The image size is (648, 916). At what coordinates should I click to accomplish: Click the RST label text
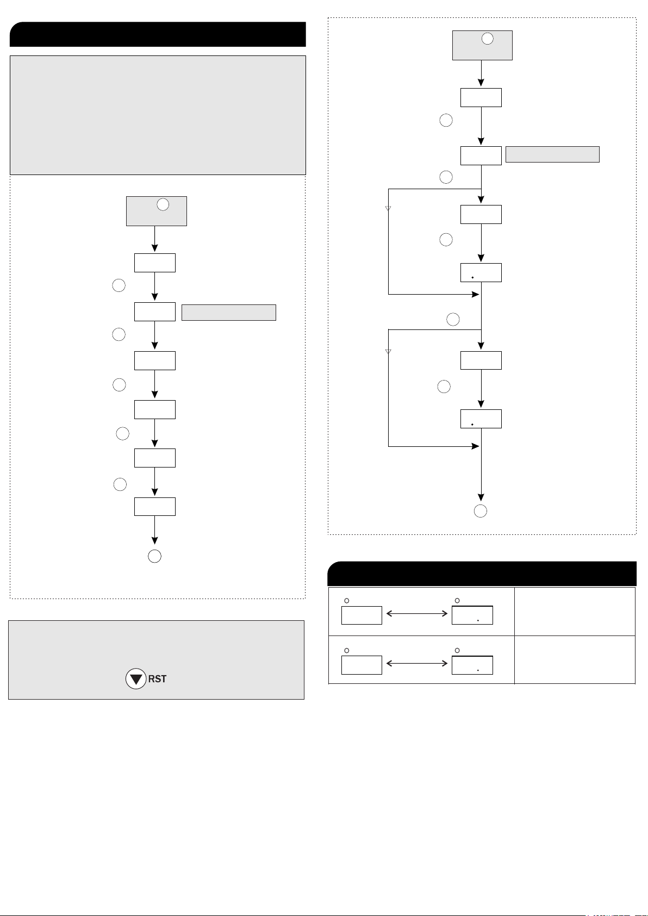(x=157, y=679)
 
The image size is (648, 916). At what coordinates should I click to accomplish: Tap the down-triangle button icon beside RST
(x=136, y=679)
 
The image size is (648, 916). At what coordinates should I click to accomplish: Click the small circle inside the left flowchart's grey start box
(x=163, y=204)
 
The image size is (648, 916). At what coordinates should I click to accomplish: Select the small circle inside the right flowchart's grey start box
(x=487, y=39)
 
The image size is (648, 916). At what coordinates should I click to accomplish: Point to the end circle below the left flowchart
(x=154, y=556)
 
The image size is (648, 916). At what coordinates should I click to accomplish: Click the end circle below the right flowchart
(x=481, y=511)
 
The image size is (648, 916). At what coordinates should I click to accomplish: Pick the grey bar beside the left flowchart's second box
(x=228, y=313)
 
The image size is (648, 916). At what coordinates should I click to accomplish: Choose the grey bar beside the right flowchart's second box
(x=552, y=154)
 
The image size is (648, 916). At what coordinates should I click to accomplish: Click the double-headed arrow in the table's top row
(x=417, y=613)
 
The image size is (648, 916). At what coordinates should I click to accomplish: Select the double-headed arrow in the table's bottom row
(x=417, y=663)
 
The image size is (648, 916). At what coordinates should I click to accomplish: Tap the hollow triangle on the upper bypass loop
(x=388, y=208)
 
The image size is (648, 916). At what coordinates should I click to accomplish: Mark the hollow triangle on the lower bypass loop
(x=388, y=351)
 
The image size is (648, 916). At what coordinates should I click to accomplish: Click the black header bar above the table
(x=482, y=574)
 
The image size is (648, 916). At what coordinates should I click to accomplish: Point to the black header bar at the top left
(x=158, y=34)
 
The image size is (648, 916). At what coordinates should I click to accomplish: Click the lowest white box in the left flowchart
(x=155, y=507)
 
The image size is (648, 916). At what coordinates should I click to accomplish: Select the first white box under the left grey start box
(x=155, y=263)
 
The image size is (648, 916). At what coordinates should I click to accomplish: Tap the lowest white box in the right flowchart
(x=481, y=419)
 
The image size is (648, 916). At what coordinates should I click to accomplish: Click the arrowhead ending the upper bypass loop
(x=476, y=294)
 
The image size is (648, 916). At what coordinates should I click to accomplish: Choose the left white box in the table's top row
(x=362, y=615)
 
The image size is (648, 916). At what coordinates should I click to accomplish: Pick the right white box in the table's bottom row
(x=472, y=665)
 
